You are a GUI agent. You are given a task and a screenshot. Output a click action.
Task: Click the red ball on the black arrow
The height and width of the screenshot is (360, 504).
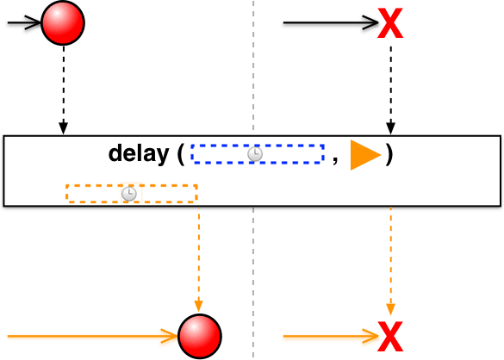coord(63,22)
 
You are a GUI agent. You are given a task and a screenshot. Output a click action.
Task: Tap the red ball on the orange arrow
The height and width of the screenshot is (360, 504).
coord(199,336)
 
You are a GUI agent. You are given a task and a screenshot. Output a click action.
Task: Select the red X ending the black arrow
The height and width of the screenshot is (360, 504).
coord(390,24)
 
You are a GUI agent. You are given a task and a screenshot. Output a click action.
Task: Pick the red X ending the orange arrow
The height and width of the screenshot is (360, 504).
coord(391,336)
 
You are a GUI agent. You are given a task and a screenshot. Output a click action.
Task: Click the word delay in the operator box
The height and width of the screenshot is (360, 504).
coord(139,154)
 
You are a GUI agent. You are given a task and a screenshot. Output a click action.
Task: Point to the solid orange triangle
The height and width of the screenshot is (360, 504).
coord(364,155)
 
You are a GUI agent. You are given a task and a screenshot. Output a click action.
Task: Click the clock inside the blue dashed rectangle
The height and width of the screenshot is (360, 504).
coord(254,154)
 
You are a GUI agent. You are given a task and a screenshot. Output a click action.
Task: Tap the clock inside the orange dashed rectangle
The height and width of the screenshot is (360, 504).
coord(128,194)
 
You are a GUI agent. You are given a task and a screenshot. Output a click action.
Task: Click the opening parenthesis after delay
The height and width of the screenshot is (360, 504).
coord(181,155)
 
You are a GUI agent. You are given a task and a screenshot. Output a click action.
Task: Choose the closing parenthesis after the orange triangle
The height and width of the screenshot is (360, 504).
coord(389,155)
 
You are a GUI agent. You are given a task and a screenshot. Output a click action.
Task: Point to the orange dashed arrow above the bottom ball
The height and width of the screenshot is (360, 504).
coord(198,258)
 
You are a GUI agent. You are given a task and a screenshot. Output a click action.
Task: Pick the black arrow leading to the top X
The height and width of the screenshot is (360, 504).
coord(327,24)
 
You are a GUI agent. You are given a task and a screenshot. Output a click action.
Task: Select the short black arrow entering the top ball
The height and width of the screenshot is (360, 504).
coord(22,24)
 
